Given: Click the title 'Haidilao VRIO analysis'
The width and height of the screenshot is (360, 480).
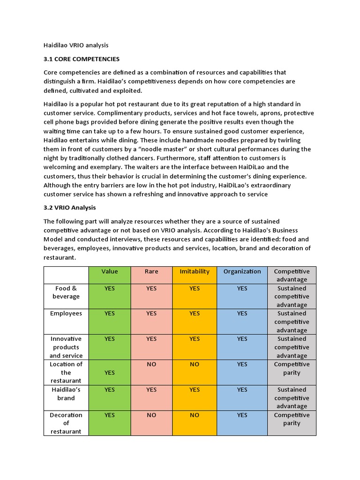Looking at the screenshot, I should coord(76,45).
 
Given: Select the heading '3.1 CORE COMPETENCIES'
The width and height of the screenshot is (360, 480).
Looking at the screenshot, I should coord(82,59).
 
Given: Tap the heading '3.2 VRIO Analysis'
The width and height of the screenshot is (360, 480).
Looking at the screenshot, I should coord(70,207).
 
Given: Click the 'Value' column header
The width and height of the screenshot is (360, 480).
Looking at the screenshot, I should coord(110,271).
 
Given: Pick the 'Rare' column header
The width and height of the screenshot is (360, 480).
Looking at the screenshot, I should coord(151,271).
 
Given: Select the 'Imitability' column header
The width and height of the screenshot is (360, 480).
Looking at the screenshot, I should coord(195,271).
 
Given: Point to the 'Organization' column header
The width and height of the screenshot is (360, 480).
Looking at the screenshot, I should coord(242,271).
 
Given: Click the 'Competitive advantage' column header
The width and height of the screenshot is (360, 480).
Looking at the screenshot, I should coord(292,275).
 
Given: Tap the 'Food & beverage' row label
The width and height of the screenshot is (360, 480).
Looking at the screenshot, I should coord(66,292).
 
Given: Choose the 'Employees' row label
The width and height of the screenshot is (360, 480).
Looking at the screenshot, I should coord(66,314).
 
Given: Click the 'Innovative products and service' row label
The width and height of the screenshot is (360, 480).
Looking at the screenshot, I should coord(66,347).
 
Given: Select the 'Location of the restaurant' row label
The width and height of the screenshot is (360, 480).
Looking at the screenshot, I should coord(66,372).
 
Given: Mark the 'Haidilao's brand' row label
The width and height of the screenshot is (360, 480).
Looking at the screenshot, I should coord(66,394).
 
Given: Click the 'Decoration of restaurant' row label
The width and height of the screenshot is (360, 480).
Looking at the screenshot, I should coord(66,423).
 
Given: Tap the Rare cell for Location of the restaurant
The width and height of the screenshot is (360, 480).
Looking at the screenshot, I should coord(151,364).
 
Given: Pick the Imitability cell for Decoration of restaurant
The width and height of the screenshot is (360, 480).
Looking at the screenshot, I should coord(195,415).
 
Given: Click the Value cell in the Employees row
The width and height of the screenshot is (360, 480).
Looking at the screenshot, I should coord(110,314).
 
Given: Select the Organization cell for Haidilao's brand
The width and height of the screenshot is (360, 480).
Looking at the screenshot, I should coord(242,390).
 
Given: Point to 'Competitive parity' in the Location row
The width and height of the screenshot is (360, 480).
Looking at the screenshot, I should coord(292,368).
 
